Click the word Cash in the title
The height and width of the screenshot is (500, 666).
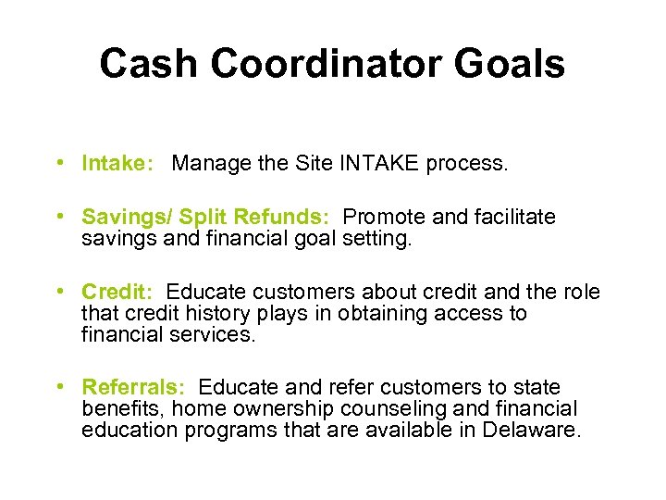[148, 64]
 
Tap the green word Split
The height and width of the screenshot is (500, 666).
[205, 217]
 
